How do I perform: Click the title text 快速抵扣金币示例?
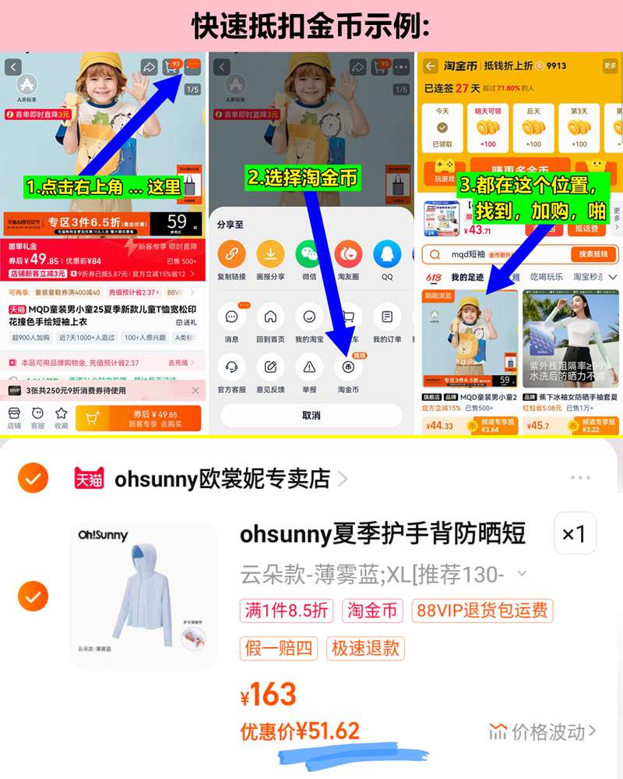(311, 26)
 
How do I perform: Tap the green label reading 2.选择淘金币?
(303, 177)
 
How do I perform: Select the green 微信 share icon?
(309, 254)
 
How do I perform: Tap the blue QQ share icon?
(387, 254)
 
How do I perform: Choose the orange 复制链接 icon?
(231, 254)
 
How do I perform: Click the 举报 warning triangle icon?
(309, 366)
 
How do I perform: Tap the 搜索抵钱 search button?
(593, 254)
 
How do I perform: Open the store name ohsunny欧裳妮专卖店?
(222, 478)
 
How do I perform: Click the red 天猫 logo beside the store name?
(89, 479)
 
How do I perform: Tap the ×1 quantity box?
(574, 534)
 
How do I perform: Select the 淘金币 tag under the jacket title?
(372, 611)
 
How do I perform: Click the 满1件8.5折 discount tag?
(287, 611)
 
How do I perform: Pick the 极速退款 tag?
(366, 647)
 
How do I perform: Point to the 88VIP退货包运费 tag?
(482, 611)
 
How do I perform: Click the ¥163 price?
(269, 694)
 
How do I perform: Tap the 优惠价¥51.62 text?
(300, 731)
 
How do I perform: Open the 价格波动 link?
(543, 731)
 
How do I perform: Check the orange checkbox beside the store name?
(33, 479)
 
